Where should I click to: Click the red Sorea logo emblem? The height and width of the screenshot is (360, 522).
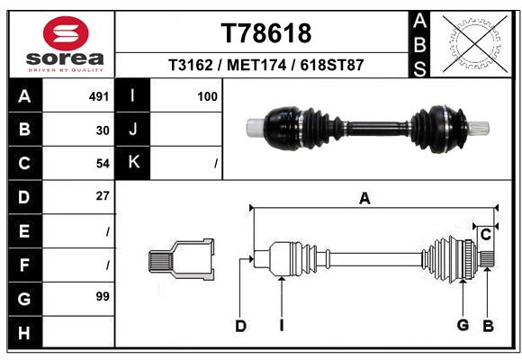pos(66,33)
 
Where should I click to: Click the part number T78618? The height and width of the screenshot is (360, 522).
pos(266,33)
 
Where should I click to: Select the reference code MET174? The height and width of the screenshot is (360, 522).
pos(256,65)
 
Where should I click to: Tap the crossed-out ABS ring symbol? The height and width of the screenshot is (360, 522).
pos(475,44)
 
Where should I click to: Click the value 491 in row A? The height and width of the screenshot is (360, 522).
pos(99,96)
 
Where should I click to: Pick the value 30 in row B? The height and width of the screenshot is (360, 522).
pos(103,130)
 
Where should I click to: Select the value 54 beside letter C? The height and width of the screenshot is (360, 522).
pos(103,164)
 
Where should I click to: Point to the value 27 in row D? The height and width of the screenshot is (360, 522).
pos(103,196)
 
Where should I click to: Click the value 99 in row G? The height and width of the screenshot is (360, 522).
pos(103,296)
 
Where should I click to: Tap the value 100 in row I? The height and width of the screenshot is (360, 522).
pos(207,96)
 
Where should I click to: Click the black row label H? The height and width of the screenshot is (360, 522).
pos(25,332)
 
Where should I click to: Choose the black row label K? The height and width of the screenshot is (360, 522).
pos(133,163)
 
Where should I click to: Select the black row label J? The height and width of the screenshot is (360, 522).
pos(133,129)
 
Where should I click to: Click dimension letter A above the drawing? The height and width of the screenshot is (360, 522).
pos(364,199)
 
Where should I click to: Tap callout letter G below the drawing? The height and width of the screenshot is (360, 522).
pos(463,325)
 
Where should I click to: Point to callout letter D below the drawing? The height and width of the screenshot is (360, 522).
pos(240,326)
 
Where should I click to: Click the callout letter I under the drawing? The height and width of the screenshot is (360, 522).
pos(282,326)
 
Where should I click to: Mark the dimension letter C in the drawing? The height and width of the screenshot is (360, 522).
pos(486,234)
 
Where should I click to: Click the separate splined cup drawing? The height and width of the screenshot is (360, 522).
pos(182,259)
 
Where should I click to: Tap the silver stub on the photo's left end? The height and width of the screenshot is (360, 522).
pos(256,128)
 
